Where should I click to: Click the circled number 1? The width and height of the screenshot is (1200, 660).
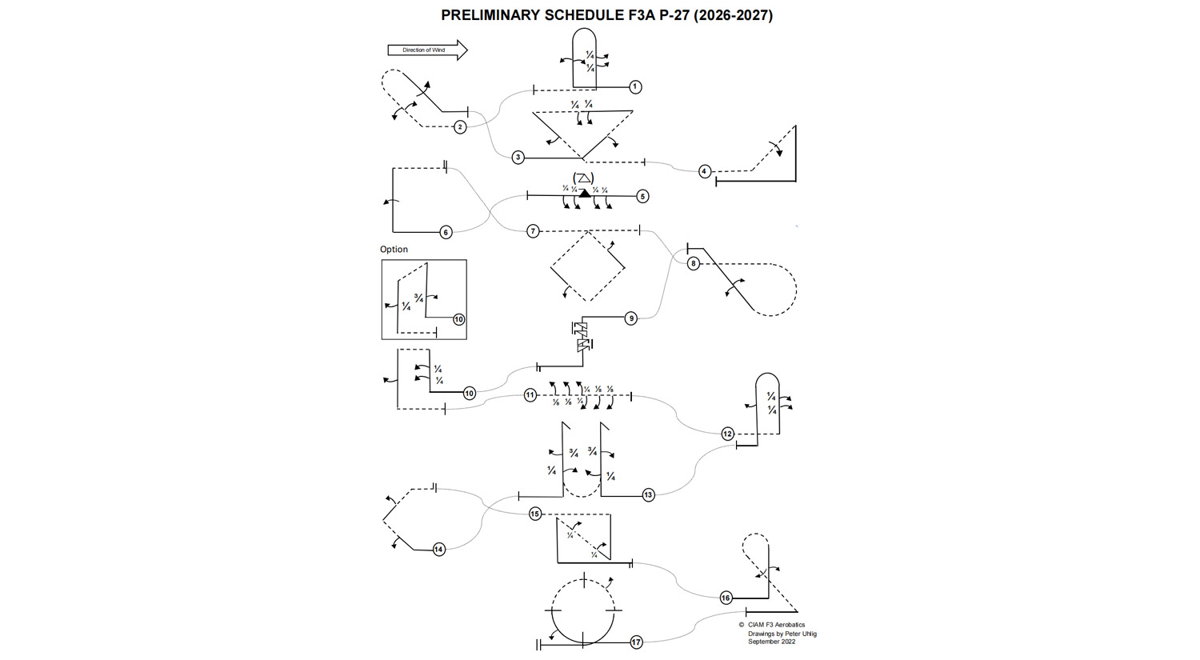[635, 86]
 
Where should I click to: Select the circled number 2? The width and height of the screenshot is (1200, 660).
[460, 126]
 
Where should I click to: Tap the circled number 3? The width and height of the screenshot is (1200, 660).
[518, 158]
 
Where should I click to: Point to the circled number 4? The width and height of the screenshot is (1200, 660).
[705, 171]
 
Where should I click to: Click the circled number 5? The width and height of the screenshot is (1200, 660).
[642, 196]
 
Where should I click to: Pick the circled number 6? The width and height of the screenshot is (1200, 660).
[446, 232]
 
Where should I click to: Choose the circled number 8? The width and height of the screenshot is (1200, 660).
[694, 263]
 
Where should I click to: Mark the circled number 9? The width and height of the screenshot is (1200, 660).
[631, 318]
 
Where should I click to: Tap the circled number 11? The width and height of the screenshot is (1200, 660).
[530, 395]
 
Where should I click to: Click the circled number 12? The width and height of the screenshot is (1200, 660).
[728, 434]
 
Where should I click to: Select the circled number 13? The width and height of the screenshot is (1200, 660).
[649, 495]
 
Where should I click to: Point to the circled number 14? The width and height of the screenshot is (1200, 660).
[439, 550]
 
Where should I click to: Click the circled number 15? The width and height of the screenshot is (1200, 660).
[535, 514]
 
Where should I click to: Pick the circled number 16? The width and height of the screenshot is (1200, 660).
[726, 598]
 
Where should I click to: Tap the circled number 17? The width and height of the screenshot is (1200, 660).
[637, 642]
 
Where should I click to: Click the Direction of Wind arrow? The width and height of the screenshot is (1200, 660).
[427, 50]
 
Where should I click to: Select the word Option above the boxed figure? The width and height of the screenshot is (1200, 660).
[394, 250]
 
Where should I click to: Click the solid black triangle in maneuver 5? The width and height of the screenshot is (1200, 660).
[585, 193]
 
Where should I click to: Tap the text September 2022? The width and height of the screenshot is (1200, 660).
[771, 642]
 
